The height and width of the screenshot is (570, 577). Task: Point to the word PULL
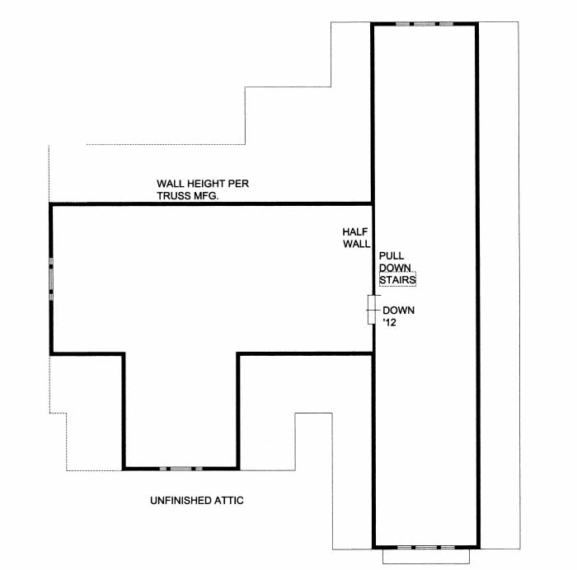tap(390, 256)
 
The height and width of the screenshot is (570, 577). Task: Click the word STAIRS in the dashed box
tap(396, 281)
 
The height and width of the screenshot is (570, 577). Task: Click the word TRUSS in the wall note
tap(174, 195)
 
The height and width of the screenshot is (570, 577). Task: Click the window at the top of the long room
tap(424, 24)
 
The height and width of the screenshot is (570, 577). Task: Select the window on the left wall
tap(51, 274)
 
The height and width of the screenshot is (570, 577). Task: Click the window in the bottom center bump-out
tap(181, 468)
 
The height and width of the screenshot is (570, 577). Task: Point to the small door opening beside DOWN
tap(372, 311)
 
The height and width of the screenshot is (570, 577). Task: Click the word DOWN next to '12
tap(399, 311)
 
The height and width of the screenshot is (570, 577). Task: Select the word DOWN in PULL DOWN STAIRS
tap(395, 269)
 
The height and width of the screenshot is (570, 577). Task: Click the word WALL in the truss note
tap(173, 183)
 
